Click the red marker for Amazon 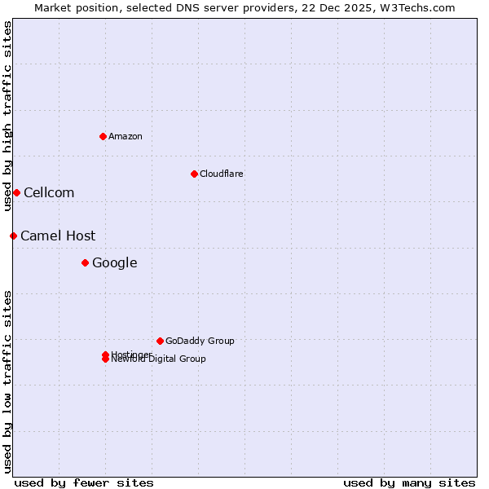point(103,136)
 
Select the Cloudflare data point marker point(194,174)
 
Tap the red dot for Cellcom point(16,192)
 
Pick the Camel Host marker point(13,236)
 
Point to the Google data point point(85,262)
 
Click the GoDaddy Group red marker point(160,341)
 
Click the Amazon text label point(125,136)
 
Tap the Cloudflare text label point(221,174)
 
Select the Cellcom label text point(49,192)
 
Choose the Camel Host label point(58,236)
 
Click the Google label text point(114,262)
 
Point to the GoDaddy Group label point(200,341)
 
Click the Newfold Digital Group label point(159,359)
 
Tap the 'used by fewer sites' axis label point(84,482)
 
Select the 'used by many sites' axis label point(409,482)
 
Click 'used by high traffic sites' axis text point(7,116)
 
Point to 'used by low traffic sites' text point(7,381)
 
